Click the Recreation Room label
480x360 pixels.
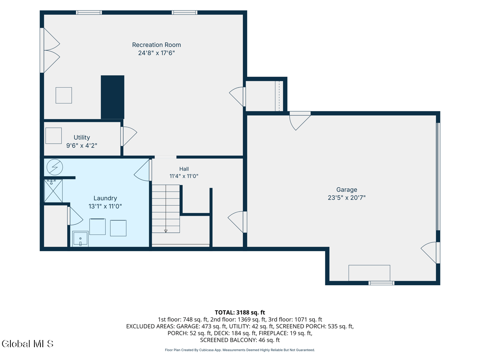pyautogui.click(x=156, y=45)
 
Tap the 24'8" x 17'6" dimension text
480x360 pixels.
pyautogui.click(x=156, y=53)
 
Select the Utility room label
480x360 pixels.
pyautogui.click(x=82, y=138)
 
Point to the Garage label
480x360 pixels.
pyautogui.click(x=347, y=190)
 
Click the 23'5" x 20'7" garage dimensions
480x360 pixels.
pyautogui.click(x=347, y=198)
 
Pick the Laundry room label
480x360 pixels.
pyautogui.click(x=105, y=198)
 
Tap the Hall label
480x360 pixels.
pyautogui.click(x=184, y=169)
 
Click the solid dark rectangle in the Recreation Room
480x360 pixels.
pyautogui.click(x=112, y=97)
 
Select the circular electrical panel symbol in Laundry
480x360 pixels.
pyautogui.click(x=55, y=167)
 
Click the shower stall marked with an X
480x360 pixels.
pyautogui.click(x=53, y=191)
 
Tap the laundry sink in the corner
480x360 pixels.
pyautogui.click(x=80, y=239)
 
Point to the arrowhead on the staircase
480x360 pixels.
pyautogui.click(x=166, y=231)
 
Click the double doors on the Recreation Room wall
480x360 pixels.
pyautogui.click(x=50, y=50)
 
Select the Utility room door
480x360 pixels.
pyautogui.click(x=129, y=136)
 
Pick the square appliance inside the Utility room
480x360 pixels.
pyautogui.click(x=54, y=136)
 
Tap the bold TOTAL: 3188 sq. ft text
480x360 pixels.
pyautogui.click(x=240, y=312)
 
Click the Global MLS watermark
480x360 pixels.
pyautogui.click(x=28, y=344)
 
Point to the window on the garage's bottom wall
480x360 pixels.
pyautogui.click(x=381, y=283)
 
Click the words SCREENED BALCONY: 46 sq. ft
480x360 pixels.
pyautogui.click(x=240, y=340)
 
